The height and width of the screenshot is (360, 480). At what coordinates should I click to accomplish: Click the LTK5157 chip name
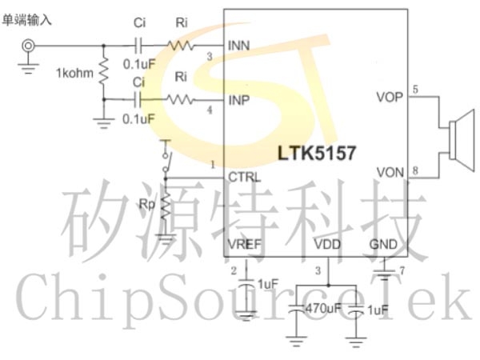coord(317,153)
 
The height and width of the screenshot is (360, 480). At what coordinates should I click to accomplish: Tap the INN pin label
coord(238,46)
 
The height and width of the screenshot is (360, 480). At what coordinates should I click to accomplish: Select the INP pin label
coord(239,100)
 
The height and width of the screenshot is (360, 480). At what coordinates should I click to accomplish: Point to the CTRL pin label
coord(244,178)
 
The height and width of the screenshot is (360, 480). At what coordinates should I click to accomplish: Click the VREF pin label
coord(245,244)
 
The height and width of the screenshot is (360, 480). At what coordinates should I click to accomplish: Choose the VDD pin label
coord(327,244)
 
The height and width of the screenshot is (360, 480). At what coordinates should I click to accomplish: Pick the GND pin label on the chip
coord(383,244)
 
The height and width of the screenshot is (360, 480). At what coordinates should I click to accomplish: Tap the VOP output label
coord(390,97)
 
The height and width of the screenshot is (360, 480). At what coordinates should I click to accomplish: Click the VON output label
coord(390,173)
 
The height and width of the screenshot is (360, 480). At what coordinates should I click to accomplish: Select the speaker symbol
coord(462,140)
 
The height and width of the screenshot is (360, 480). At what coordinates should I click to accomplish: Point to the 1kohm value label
coord(74,73)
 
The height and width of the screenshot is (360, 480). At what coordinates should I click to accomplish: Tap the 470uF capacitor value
coord(323,308)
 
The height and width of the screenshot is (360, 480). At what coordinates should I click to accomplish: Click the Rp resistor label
coord(147,204)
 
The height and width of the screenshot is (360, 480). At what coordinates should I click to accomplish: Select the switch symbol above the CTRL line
coord(166,158)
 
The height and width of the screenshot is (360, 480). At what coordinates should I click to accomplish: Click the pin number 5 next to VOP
coord(415,90)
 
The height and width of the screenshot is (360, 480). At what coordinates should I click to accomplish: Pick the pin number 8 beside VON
coord(415,170)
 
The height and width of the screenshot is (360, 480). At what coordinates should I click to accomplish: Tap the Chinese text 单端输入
coord(27,20)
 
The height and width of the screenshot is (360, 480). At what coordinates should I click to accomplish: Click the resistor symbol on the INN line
coord(181,46)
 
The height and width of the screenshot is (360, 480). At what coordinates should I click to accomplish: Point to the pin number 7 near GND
coord(402,270)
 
